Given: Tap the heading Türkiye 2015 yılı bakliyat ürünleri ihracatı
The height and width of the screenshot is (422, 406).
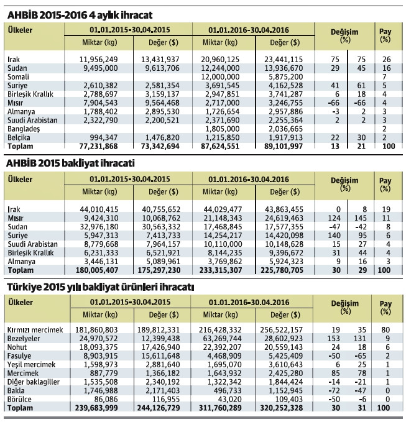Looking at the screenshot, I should [100, 288].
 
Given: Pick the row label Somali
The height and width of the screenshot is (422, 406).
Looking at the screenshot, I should [19, 75].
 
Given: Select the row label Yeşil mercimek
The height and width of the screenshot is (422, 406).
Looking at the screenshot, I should [30, 361].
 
